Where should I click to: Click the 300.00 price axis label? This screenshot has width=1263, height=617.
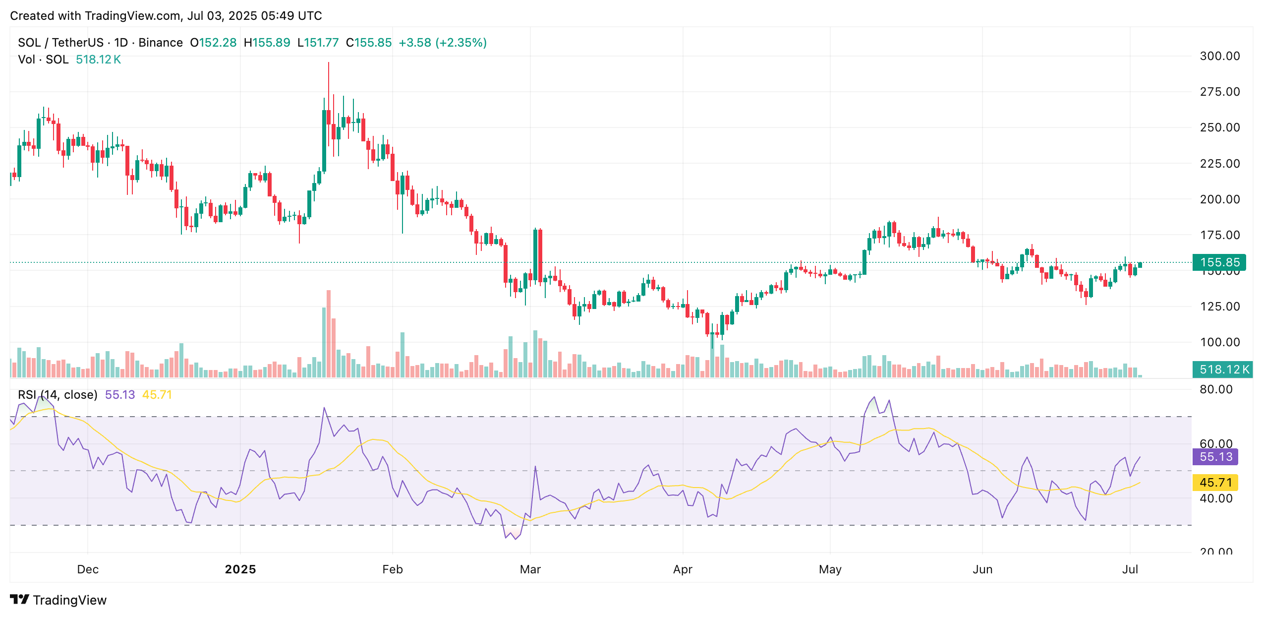(1219, 56)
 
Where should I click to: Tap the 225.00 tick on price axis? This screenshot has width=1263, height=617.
(1219, 164)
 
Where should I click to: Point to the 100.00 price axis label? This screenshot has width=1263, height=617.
(1219, 342)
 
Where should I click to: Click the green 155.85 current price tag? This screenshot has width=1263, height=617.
(1219, 262)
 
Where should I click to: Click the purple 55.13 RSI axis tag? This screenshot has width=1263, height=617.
(1215, 457)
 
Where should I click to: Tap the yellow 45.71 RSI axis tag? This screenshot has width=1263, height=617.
(1215, 483)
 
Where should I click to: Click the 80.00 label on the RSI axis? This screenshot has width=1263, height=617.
(1215, 389)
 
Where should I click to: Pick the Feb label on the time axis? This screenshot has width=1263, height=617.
(392, 569)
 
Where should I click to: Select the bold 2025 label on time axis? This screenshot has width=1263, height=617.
(240, 569)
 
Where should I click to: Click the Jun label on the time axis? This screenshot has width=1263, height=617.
(982, 569)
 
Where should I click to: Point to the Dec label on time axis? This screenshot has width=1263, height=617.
(88, 569)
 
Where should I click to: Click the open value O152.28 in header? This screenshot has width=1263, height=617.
(213, 43)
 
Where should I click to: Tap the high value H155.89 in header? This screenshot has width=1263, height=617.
(267, 43)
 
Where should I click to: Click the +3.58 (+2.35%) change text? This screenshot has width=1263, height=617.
(442, 43)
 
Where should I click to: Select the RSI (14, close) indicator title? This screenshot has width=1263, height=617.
(57, 395)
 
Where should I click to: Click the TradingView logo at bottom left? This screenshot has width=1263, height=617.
(58, 600)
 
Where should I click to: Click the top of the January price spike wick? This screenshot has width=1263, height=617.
(329, 63)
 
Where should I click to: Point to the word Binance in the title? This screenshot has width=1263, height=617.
(161, 43)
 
